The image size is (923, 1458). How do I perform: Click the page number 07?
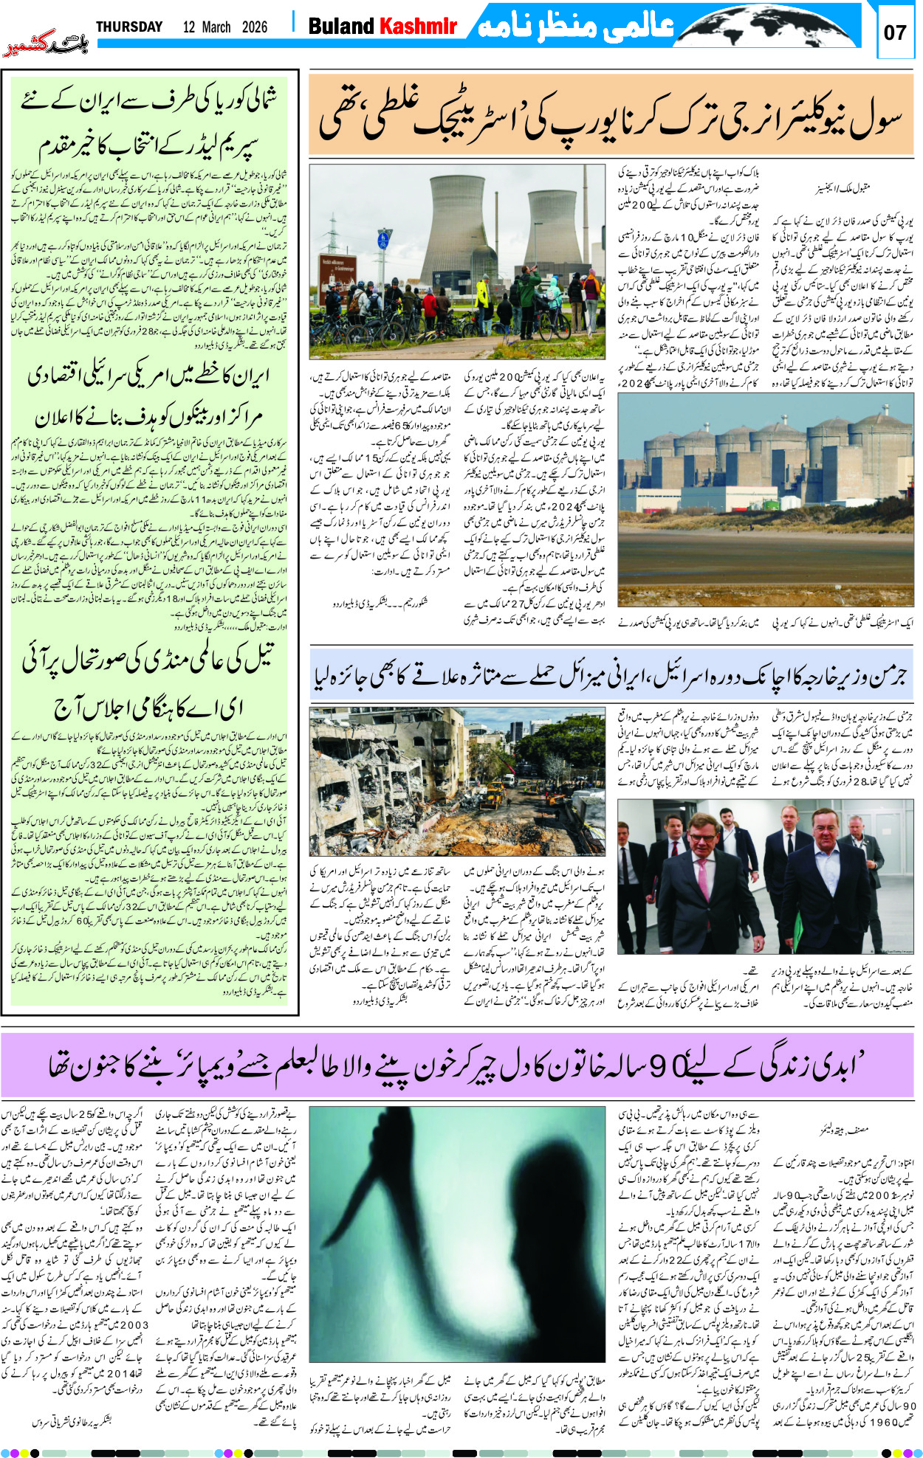click(x=894, y=32)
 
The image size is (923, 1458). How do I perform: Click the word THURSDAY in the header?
click(x=129, y=27)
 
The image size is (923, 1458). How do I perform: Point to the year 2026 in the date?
click(x=254, y=27)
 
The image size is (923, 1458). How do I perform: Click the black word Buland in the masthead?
click(x=340, y=27)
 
